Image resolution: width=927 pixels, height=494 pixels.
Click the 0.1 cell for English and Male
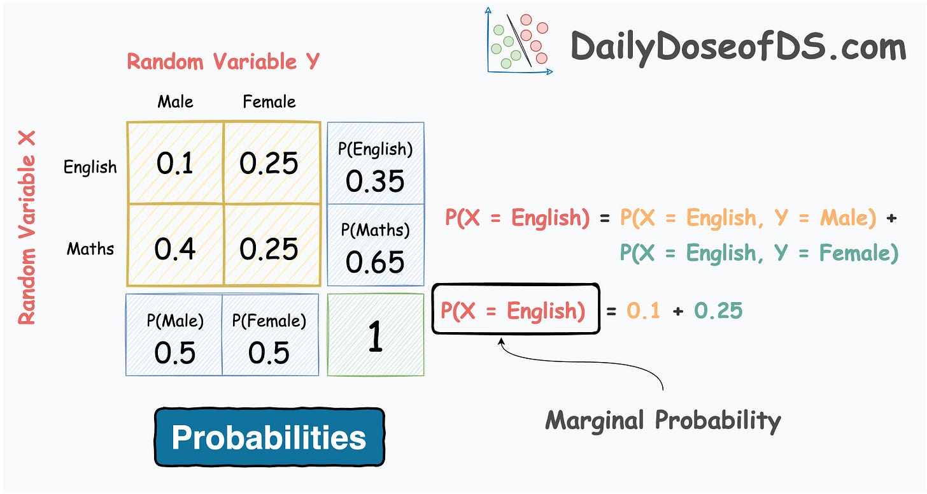point(174,163)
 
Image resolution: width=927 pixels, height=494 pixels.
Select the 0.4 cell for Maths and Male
point(174,247)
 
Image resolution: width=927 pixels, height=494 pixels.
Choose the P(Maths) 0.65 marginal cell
point(375,247)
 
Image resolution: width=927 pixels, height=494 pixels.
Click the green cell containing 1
point(375,335)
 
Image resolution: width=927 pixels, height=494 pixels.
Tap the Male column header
point(175,101)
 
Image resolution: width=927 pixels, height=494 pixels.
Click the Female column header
point(269,101)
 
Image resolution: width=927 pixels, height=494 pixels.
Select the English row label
point(90,167)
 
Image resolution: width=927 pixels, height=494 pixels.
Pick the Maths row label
point(90,249)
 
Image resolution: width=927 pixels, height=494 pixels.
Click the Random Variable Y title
point(223,62)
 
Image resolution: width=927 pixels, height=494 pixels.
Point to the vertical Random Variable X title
point(27,228)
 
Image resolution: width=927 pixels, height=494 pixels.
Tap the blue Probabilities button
point(269,437)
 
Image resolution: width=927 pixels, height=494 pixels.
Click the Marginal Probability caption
point(663,420)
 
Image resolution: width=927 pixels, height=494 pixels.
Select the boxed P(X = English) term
point(515,310)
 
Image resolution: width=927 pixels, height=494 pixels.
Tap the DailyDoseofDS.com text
point(737,47)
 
